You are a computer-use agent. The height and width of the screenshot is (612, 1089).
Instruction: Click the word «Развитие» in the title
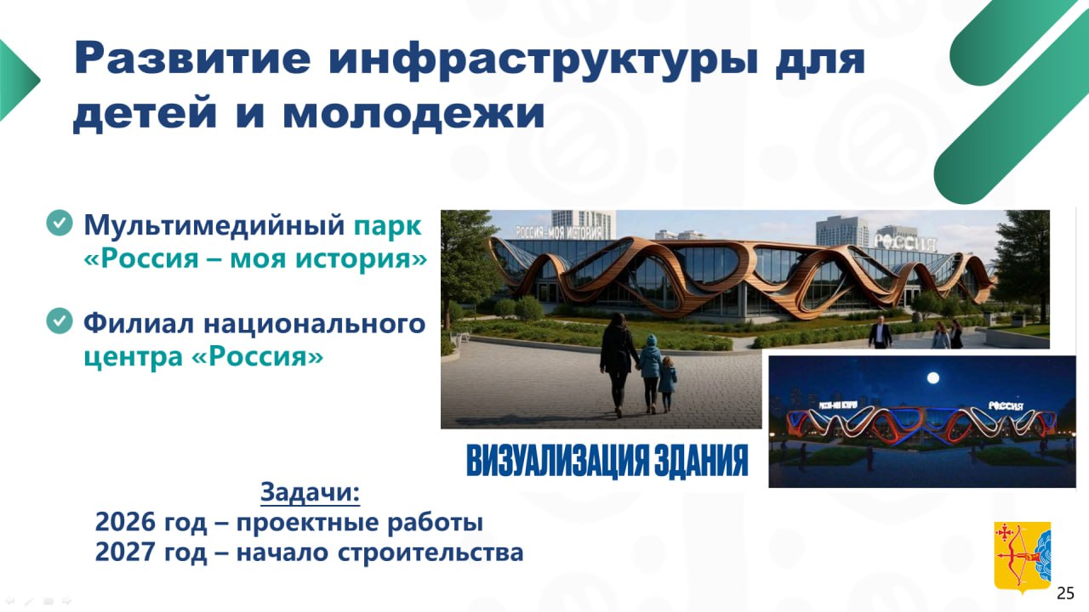[192, 59]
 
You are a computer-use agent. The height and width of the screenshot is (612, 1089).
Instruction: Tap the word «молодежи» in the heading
[413, 114]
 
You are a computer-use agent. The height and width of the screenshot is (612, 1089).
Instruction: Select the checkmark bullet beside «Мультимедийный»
[60, 223]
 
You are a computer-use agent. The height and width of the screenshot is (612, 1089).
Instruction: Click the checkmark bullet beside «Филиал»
[60, 321]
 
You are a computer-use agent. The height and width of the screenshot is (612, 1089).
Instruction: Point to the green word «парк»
[387, 226]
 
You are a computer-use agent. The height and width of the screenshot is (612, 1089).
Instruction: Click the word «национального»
[315, 324]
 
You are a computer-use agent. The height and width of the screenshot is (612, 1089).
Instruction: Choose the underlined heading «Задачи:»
[311, 492]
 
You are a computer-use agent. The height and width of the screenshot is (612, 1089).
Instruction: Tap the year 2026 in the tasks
[125, 522]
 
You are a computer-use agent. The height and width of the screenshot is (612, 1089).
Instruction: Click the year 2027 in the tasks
[125, 552]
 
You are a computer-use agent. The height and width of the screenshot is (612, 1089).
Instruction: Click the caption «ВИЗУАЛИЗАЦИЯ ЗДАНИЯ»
[607, 461]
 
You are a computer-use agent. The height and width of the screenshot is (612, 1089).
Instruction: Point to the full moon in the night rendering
[933, 378]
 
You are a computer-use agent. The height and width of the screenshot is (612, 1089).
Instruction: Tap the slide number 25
[1065, 593]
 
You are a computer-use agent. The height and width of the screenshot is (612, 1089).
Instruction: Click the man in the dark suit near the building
[880, 332]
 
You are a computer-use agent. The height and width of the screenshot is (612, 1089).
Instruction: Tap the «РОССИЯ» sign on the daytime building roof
[904, 242]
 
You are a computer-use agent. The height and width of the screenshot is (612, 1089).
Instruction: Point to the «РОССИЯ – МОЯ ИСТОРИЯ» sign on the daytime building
[559, 233]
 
